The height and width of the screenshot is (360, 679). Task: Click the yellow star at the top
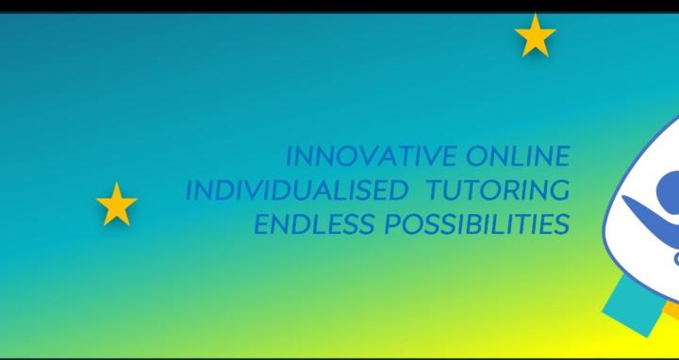click(x=535, y=37)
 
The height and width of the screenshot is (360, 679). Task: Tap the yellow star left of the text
click(x=117, y=205)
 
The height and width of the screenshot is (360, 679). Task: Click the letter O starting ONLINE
click(x=476, y=155)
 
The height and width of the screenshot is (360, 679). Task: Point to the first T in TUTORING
click(x=435, y=189)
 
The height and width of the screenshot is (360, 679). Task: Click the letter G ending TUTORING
click(x=559, y=189)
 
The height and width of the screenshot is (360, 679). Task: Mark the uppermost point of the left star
click(x=117, y=184)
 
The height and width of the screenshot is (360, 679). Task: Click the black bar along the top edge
click(x=339, y=6)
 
